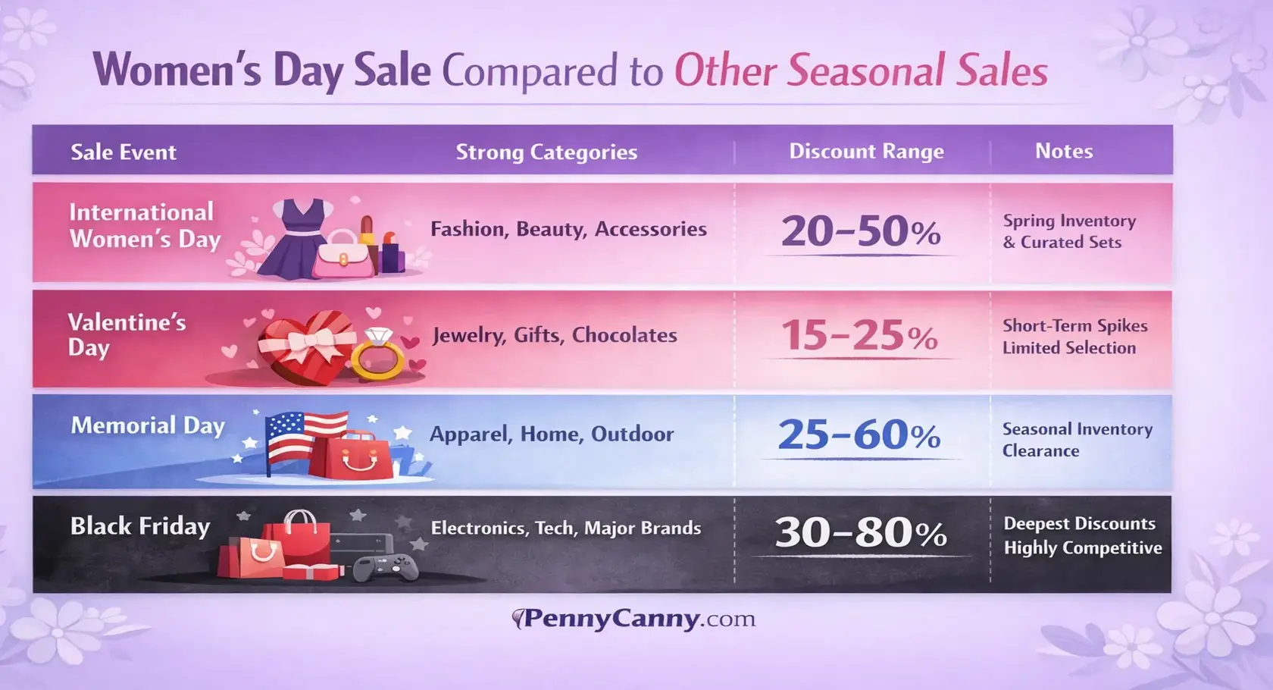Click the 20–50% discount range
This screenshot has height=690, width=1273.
(861, 231)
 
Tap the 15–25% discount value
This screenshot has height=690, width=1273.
(859, 335)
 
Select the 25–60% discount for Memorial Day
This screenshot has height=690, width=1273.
(859, 435)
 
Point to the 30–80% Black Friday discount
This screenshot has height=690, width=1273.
(861, 532)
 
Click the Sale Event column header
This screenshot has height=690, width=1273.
(124, 152)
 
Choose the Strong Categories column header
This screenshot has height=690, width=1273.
(546, 152)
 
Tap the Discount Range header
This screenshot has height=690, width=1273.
(866, 151)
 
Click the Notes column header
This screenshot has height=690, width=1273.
(1064, 151)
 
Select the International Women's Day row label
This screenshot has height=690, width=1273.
(144, 225)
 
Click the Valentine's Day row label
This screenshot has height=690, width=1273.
(127, 334)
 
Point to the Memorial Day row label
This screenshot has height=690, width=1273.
(148, 425)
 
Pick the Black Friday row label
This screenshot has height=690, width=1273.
(140, 526)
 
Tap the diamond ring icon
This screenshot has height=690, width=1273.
(377, 354)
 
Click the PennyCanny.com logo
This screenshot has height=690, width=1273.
(635, 619)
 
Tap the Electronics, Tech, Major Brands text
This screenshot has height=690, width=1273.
(565, 528)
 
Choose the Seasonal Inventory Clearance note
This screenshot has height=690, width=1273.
(1076, 440)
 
